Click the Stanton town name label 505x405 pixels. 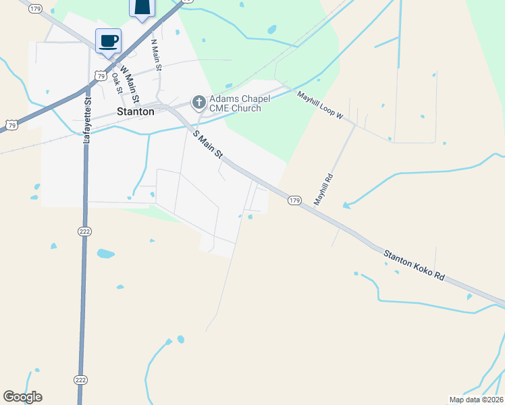(135, 112)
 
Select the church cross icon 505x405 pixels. (198, 103)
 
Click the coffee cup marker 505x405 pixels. (109, 40)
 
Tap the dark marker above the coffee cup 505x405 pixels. (142, 7)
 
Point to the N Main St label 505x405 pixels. (156, 56)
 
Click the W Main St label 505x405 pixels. (128, 80)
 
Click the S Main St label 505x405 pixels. (208, 144)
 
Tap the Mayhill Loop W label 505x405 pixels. (320, 106)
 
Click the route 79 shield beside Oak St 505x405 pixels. (101, 76)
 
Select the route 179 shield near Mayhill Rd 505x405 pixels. (294, 200)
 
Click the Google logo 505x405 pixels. (22, 397)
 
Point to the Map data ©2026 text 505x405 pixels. (476, 400)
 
